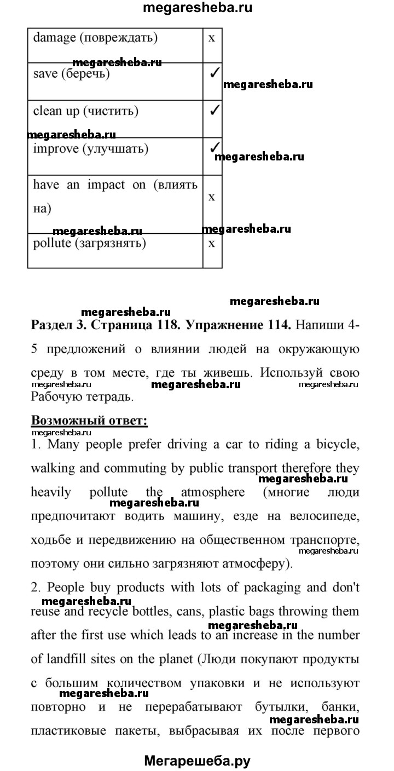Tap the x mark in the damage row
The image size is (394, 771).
tap(212, 38)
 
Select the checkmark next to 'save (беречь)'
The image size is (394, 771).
tap(215, 74)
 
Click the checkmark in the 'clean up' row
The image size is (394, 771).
tap(215, 111)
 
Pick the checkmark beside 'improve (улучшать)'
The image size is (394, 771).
tap(215, 148)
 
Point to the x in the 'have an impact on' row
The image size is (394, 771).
tap(212, 196)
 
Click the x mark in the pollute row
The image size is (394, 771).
tap(212, 243)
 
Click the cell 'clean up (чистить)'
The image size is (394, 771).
tap(85, 111)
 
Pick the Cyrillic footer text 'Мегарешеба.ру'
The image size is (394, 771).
tap(197, 760)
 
